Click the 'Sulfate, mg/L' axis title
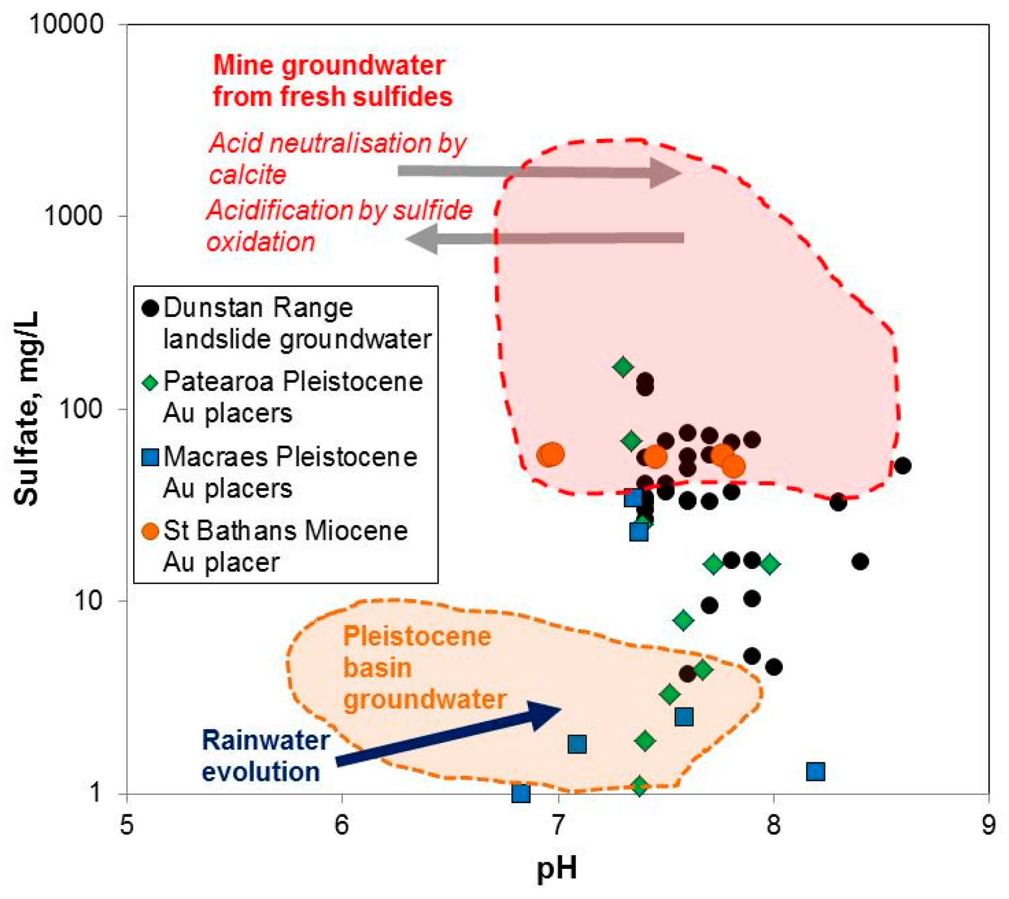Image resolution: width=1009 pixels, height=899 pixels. [26, 408]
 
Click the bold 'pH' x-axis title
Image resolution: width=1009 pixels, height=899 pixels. [556, 868]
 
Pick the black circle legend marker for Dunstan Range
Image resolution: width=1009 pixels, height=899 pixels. [151, 308]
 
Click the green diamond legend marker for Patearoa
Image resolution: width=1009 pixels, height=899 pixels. [151, 383]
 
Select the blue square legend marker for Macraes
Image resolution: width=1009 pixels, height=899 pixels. [151, 457]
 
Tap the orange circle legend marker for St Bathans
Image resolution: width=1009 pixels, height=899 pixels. [151, 531]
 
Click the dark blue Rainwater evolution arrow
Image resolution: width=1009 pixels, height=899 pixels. [450, 733]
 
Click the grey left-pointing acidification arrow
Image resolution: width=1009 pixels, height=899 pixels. [544, 238]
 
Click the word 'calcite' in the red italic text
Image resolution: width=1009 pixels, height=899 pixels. [247, 175]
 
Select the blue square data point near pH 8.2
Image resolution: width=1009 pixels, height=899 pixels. [815, 771]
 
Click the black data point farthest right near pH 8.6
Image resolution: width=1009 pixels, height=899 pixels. [902, 465]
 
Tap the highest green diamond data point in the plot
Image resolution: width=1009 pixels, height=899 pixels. [623, 367]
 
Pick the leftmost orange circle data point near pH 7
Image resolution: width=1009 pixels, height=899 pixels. [550, 455]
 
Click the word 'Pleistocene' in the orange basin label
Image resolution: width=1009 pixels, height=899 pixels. [417, 637]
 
